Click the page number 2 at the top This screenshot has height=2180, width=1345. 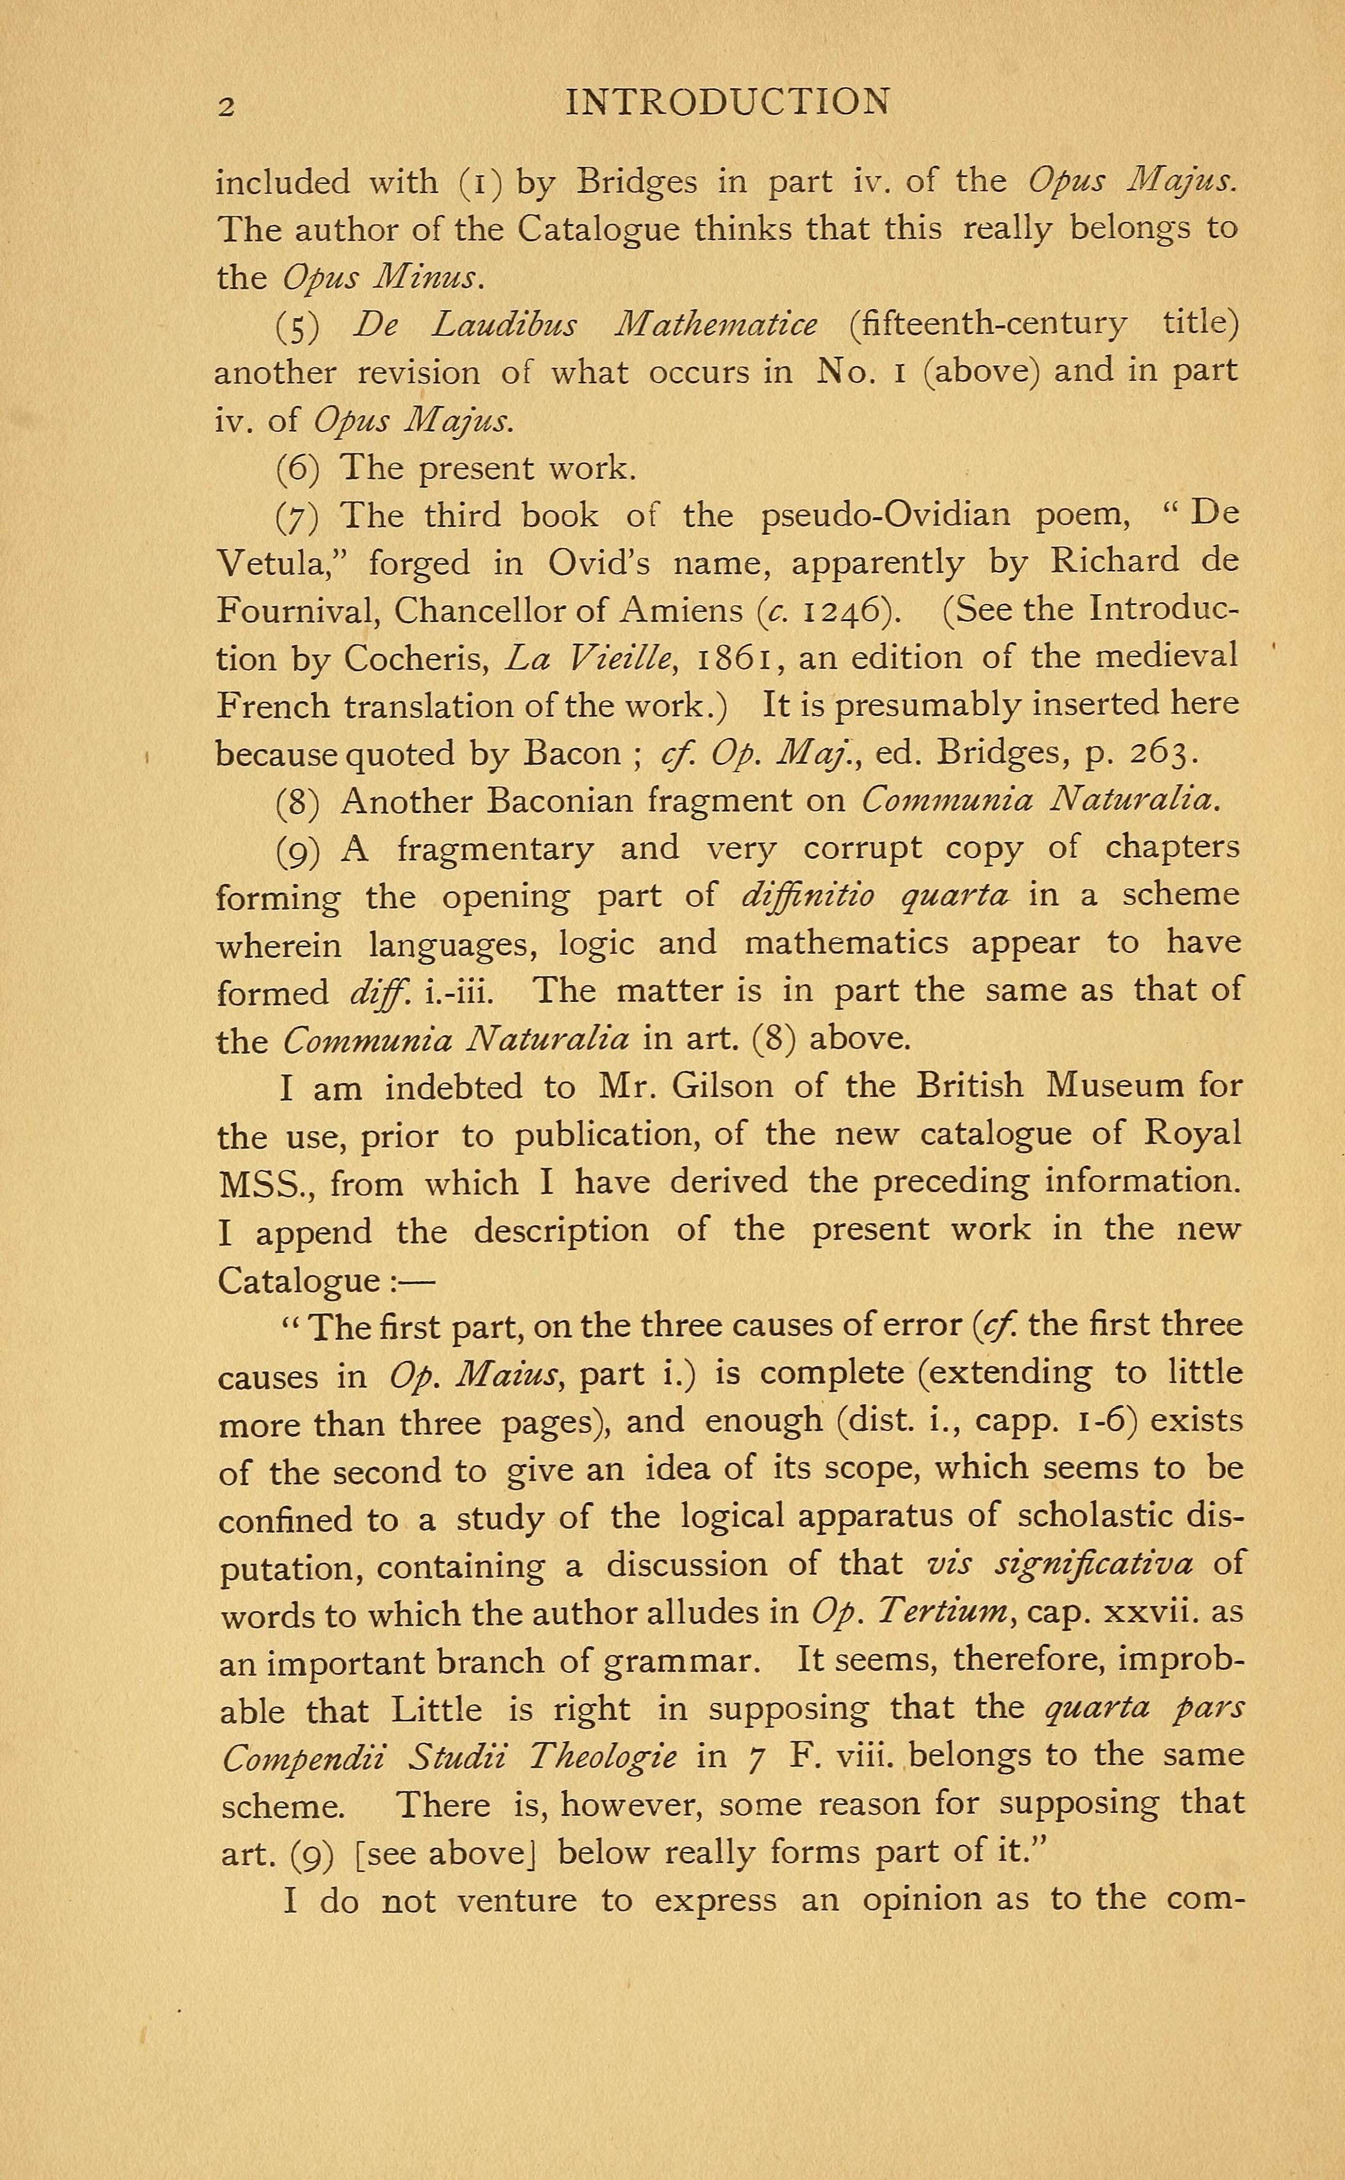[227, 106]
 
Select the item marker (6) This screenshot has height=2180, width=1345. [297, 468]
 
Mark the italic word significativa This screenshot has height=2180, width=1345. [1103, 1563]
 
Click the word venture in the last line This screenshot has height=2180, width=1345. [516, 1901]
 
